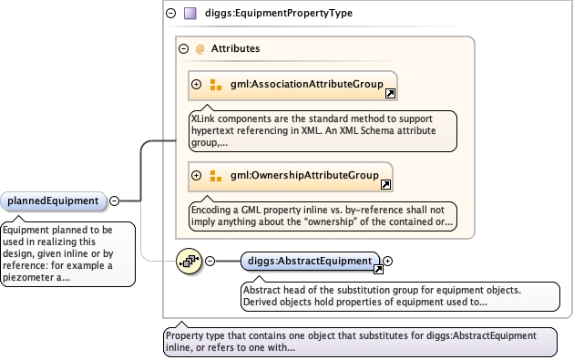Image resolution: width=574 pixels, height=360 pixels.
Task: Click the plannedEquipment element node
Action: [x=54, y=201]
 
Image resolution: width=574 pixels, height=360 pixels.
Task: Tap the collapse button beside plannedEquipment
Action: [x=115, y=201]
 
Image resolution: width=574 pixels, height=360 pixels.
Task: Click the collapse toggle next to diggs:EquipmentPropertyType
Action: [x=171, y=13]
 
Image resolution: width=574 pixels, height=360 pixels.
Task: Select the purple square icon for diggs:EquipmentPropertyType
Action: [x=190, y=14]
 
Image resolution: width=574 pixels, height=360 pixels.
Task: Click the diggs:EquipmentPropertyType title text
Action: [x=279, y=13]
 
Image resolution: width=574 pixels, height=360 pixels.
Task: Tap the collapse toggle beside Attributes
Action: [x=183, y=48]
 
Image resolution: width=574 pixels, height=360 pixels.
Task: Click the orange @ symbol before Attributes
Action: [x=200, y=48]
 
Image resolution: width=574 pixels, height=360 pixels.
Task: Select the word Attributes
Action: [x=235, y=48]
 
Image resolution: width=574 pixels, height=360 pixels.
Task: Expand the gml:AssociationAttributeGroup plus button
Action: [x=197, y=84]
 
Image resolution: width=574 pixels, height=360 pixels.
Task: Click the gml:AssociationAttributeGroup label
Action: [x=307, y=84]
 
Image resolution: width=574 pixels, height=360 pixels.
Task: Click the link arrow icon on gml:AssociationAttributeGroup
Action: [x=390, y=94]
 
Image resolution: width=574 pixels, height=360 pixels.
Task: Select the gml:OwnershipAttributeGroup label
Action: [x=304, y=175]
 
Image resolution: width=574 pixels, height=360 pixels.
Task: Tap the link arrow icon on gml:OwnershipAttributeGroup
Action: [x=385, y=185]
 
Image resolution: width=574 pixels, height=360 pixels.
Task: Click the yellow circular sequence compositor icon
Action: [x=189, y=262]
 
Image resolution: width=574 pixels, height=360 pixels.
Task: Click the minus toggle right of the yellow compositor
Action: [x=210, y=262]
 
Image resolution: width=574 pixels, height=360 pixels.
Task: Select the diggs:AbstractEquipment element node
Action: [x=311, y=262]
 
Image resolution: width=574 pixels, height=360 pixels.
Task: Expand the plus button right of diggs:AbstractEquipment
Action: [x=387, y=262]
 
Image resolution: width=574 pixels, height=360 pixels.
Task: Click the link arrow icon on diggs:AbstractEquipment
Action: [x=378, y=270]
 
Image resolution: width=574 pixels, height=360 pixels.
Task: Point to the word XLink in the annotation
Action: [x=203, y=118]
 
